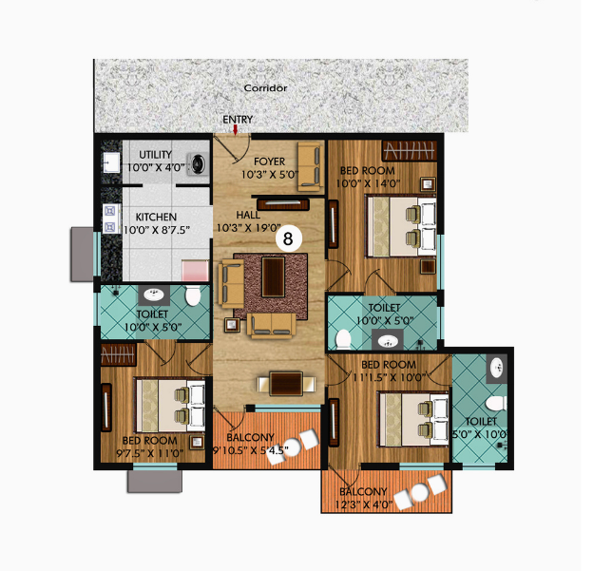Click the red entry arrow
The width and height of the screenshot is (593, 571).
[x=236, y=130]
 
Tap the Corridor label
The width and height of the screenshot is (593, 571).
[x=265, y=88]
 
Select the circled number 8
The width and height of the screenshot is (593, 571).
[x=289, y=239]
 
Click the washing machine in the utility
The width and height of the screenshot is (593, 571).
[x=198, y=164]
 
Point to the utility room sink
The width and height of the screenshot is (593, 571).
[x=111, y=162]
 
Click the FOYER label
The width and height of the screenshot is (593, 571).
[x=269, y=162]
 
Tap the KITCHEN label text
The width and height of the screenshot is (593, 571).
[x=156, y=217]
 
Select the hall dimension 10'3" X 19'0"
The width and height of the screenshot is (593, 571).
[x=248, y=228]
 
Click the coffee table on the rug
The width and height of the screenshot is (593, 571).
[x=274, y=276]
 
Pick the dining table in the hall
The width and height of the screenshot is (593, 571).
[x=286, y=384]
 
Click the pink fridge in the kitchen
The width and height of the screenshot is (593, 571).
[x=195, y=270]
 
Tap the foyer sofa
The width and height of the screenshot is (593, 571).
[x=311, y=166]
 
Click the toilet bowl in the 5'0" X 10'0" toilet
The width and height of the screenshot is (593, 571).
[x=496, y=403]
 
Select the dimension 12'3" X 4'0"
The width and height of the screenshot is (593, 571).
[x=363, y=504]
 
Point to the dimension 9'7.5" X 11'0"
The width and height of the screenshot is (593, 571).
[x=150, y=452]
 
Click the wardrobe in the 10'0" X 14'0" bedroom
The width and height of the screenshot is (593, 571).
[x=410, y=151]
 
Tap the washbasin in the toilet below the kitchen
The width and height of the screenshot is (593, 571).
[x=154, y=295]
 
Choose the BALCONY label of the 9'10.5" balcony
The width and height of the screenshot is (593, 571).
[x=250, y=438]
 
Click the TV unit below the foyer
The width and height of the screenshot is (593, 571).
[x=283, y=204]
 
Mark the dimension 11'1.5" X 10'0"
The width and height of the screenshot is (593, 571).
[x=390, y=377]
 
